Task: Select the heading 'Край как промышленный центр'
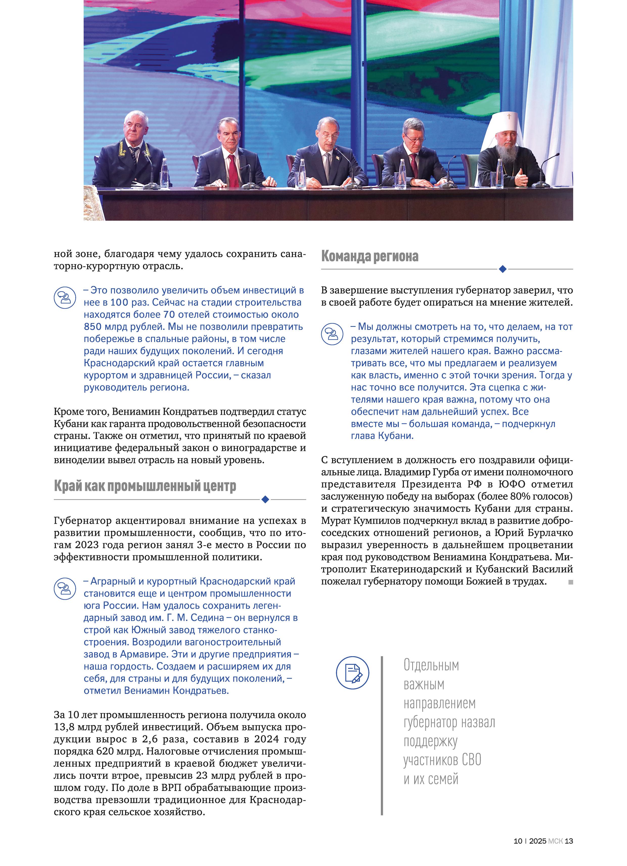coord(145,486)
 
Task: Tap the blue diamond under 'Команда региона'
coord(502,269)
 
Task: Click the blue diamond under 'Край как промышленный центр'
coord(265,499)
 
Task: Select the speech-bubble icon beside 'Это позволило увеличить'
coord(64,298)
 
